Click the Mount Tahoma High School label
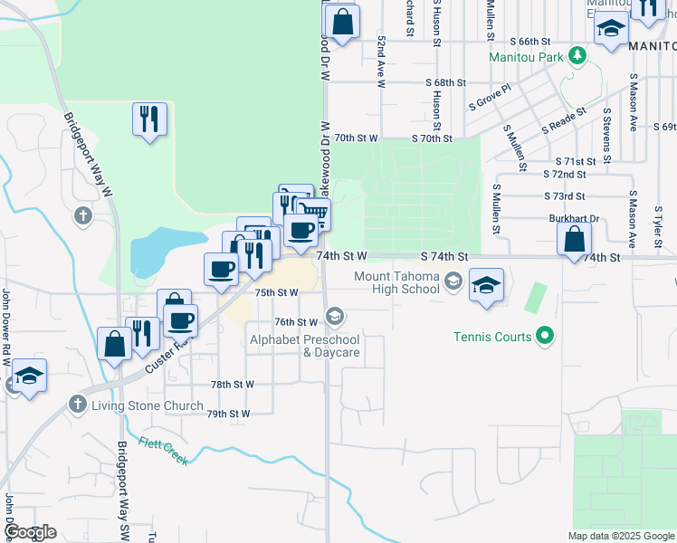point(396,282)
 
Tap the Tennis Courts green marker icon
point(544,337)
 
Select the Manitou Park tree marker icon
point(576,56)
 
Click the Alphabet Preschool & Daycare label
point(305,346)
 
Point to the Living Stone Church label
point(147,405)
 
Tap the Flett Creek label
point(164,450)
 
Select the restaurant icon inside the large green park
point(149,119)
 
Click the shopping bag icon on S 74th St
point(575,240)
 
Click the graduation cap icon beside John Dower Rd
point(29,375)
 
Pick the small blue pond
point(163,249)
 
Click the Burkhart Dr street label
point(575,218)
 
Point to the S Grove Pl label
point(490,98)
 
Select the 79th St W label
point(227,414)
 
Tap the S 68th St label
point(446,81)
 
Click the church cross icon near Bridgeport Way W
point(82,215)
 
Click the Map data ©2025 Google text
point(621,536)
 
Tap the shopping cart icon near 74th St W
point(313,214)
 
